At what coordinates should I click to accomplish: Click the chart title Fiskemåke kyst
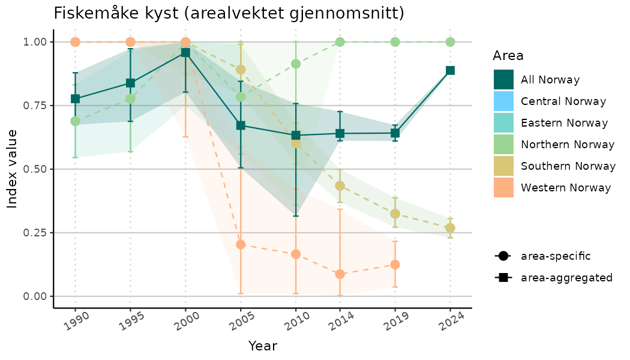point(229,13)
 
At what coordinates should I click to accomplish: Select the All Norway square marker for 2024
point(450,70)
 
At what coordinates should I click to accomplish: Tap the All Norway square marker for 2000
point(185,53)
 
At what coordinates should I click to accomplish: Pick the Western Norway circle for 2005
point(241,244)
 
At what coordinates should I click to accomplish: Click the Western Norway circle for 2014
point(340,274)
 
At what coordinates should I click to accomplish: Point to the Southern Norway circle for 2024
point(450,228)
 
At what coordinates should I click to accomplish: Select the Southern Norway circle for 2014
point(340,186)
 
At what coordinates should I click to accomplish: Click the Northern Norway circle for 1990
point(75,121)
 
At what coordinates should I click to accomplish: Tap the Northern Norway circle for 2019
point(395,42)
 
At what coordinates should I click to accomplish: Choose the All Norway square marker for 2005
point(241,125)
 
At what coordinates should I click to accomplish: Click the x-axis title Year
point(263,346)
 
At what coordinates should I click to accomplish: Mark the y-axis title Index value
point(12,169)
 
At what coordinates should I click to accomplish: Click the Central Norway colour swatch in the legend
point(503,101)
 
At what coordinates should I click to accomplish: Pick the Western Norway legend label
point(566,188)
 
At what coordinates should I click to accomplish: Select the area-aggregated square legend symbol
point(502,278)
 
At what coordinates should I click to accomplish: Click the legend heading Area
point(508,56)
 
